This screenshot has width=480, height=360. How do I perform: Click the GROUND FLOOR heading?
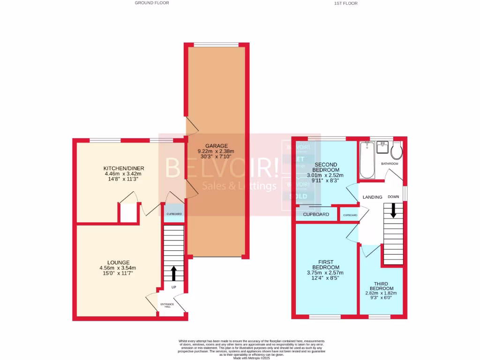pos(152,3)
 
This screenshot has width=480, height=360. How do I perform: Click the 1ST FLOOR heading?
pos(345,3)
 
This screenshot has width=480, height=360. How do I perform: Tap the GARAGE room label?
pos(216,146)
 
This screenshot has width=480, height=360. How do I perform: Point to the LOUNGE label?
pos(118,262)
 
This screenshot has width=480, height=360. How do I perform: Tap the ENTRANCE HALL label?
pos(167,306)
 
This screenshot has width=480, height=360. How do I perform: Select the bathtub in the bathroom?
pos(367,160)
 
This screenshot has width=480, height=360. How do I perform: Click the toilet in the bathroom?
pos(397,151)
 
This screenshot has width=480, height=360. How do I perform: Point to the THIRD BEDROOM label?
pos(380,286)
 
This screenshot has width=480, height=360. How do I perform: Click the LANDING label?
pos(373,197)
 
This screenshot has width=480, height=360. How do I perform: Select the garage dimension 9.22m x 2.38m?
pos(216,151)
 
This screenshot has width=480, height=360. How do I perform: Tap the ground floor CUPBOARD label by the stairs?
pos(173,214)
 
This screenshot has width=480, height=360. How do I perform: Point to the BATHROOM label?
pos(390,164)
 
